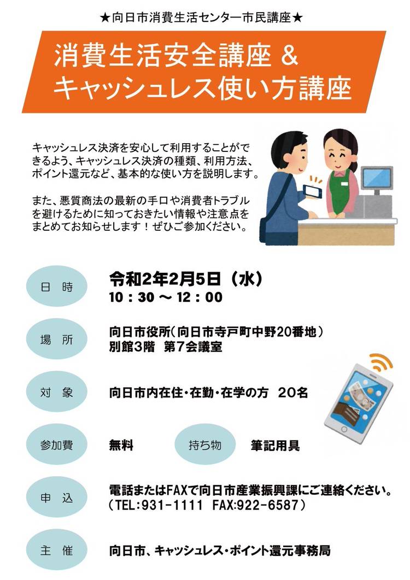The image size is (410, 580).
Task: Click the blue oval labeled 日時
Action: (x=57, y=286)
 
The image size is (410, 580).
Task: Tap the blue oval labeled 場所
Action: (x=57, y=339)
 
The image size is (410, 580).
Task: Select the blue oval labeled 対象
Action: (x=57, y=392)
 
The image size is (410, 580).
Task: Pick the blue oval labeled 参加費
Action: (x=57, y=444)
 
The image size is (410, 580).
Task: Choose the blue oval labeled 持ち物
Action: (x=205, y=444)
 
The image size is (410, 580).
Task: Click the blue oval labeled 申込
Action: (x=57, y=497)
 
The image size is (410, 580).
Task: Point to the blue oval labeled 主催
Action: (x=57, y=550)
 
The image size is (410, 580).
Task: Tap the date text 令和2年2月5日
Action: (x=165, y=279)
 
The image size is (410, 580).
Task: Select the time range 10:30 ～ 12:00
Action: (x=166, y=297)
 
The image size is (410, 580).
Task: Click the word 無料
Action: (x=121, y=445)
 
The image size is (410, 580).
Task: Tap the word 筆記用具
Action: (x=276, y=445)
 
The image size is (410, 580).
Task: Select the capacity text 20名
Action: (x=293, y=392)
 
